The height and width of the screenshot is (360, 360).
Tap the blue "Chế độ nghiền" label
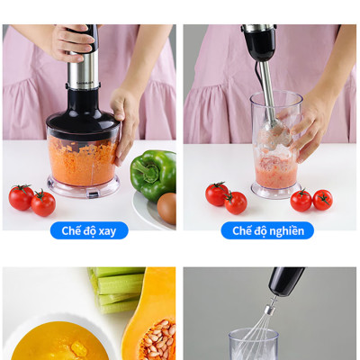[x=267, y=230]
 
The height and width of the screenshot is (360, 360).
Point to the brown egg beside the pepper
[x=166, y=208]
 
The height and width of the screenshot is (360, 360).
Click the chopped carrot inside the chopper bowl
[x=83, y=161]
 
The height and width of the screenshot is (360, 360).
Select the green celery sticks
[x=117, y=288]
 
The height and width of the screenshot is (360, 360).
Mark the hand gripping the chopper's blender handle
[x=72, y=40]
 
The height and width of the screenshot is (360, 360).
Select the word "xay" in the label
[x=107, y=230]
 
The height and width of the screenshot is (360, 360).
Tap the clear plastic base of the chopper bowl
[x=83, y=189]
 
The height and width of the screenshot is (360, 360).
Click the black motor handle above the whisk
[x=286, y=281]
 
